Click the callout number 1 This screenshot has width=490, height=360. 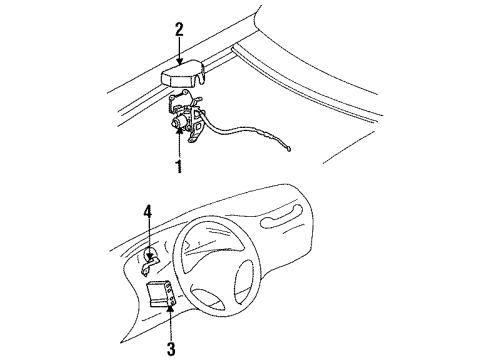179,166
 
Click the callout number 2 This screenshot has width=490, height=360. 179,29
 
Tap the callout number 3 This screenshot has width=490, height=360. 171,349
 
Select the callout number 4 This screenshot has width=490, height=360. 148,212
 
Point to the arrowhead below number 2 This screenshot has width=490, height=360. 180,61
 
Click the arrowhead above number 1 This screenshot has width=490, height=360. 180,130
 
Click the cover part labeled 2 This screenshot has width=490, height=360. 183,75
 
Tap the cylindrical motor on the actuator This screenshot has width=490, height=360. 180,122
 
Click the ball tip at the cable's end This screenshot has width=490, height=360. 289,149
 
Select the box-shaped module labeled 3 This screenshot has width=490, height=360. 162,293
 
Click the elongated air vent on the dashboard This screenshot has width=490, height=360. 282,217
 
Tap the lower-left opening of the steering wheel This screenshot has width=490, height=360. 207,298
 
